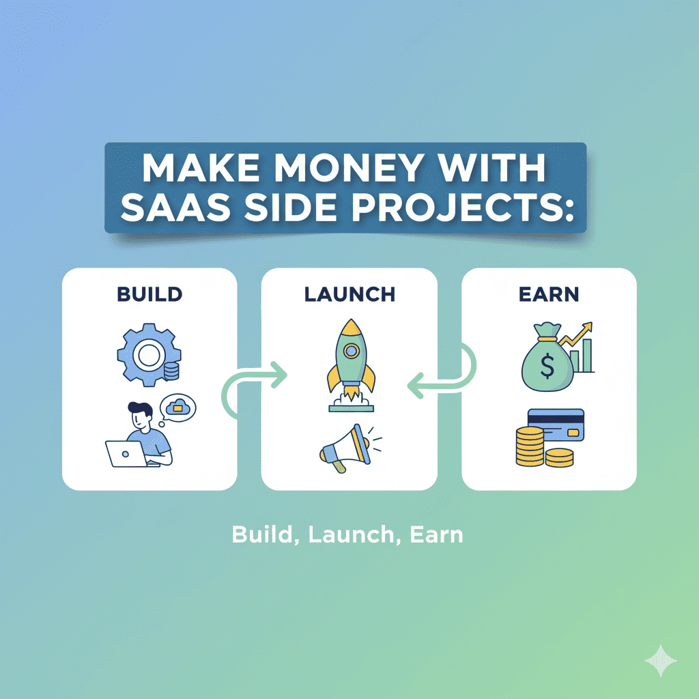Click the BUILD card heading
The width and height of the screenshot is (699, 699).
(x=149, y=294)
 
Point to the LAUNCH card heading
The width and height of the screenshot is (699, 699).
(x=349, y=294)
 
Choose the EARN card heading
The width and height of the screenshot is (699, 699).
(x=549, y=294)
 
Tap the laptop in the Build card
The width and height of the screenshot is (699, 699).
(x=125, y=453)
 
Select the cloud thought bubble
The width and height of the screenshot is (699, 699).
(x=178, y=409)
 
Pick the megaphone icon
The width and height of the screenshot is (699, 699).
(x=345, y=447)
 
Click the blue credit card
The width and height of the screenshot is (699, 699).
(x=556, y=425)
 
